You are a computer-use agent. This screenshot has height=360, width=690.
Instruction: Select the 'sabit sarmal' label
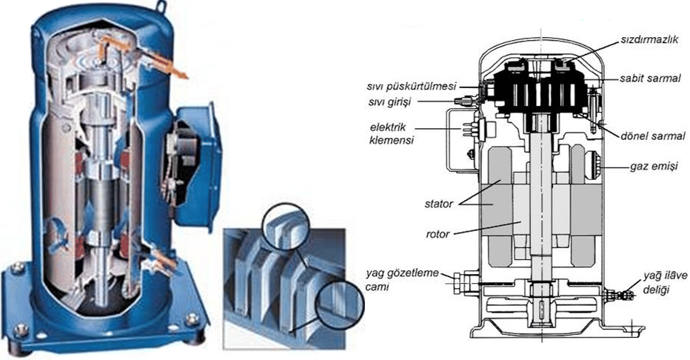[651, 77]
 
